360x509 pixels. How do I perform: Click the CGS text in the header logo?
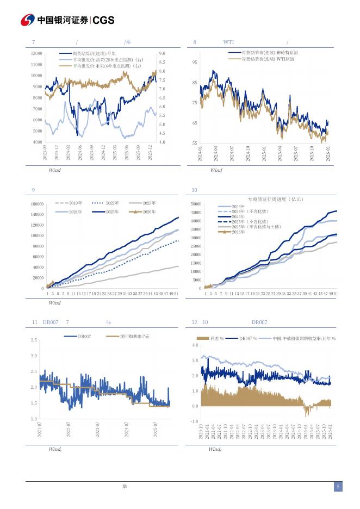click(104, 20)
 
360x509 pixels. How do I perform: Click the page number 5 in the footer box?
click(338, 487)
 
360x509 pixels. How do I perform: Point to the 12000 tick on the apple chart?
click(37, 53)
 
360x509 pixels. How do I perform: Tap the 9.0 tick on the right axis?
click(162, 53)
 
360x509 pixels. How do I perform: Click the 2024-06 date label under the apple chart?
click(80, 152)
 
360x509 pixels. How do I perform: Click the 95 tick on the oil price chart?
click(194, 63)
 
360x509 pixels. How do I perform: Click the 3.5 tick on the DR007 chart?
click(34, 340)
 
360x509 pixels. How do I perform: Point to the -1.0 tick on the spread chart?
click(195, 421)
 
